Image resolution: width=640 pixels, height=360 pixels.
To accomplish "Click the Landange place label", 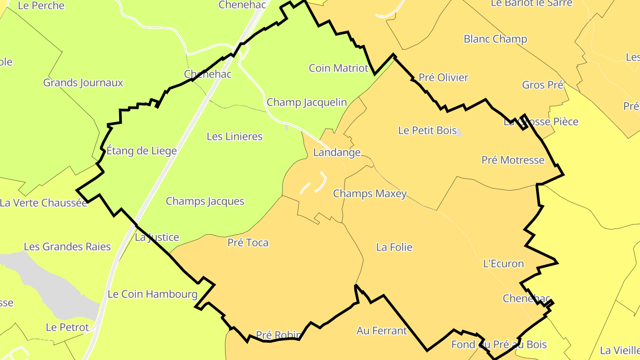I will (x=336, y=152).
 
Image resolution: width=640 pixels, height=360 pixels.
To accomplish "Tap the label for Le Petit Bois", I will (x=427, y=130).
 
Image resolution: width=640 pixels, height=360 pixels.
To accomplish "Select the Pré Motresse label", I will (x=512, y=160).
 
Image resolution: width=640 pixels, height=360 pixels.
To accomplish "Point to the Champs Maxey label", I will (x=369, y=194).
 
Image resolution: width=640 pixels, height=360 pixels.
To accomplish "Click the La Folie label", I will (x=394, y=247).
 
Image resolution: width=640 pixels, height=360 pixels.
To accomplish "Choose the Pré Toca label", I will (x=248, y=243).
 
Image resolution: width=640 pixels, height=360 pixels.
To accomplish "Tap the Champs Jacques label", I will (x=205, y=201).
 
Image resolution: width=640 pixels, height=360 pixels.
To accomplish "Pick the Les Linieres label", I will (x=234, y=136).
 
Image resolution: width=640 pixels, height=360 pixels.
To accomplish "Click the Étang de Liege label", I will (x=141, y=151).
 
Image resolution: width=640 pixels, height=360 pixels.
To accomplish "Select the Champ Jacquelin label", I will (x=306, y=102).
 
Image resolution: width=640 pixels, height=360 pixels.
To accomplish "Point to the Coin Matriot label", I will (x=338, y=68).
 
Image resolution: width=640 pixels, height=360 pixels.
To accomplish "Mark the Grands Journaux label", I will (x=83, y=83).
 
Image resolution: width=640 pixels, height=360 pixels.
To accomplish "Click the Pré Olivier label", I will (x=443, y=77).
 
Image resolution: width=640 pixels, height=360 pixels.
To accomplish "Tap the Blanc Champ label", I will (x=495, y=39).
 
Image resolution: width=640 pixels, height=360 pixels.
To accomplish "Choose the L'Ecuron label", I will (x=503, y=264).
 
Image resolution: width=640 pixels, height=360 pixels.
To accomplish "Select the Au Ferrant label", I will (x=381, y=331).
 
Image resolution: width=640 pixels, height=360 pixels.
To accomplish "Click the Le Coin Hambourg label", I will (x=152, y=294).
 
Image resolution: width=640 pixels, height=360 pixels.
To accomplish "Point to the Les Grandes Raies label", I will (x=67, y=247).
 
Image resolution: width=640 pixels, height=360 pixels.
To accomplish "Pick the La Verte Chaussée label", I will (x=44, y=203).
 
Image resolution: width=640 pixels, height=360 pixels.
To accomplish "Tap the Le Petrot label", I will (x=67, y=328).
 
